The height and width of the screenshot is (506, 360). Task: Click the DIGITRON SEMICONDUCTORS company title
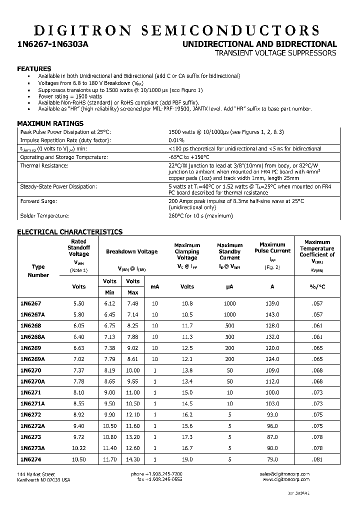coord(180,29)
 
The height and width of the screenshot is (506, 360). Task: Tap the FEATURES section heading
coord(34,68)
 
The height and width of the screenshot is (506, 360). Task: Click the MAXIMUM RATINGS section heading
coord(50,123)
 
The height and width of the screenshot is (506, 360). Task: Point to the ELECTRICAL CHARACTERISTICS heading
coord(69,232)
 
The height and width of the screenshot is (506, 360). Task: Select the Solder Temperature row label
coord(44,216)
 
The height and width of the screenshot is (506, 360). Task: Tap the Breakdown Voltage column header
coord(131,251)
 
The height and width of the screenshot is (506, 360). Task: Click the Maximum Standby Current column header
coord(229,251)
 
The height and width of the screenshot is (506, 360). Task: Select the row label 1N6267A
coord(32,314)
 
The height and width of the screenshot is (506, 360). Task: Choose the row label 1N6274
coord(30,459)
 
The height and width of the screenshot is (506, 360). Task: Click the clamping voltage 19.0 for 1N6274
coord(187,459)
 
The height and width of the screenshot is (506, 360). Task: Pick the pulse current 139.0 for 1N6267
coord(272,303)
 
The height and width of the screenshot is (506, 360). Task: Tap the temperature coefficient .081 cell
coord(317,459)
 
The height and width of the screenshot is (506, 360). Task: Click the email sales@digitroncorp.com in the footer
coord(284,474)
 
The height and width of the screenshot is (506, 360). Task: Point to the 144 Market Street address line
coord(36,474)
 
